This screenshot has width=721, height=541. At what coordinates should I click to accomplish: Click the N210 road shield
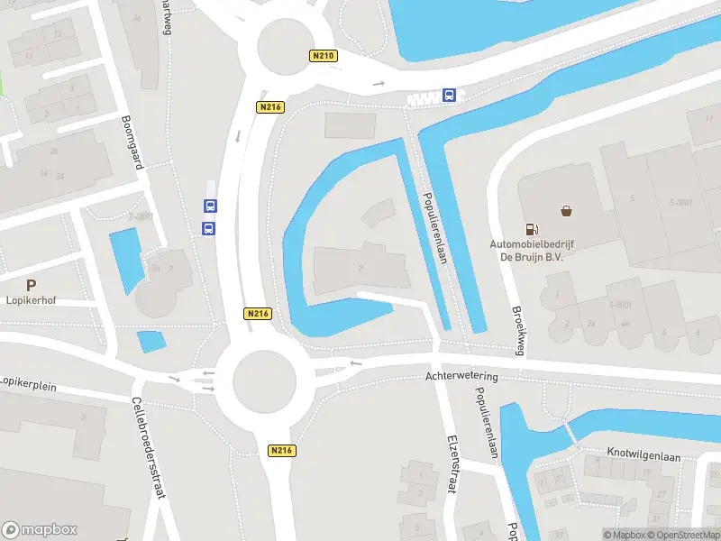(x=324, y=56)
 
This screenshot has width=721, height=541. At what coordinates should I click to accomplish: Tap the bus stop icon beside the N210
(x=449, y=95)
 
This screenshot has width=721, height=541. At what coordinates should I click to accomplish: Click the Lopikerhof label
(x=32, y=300)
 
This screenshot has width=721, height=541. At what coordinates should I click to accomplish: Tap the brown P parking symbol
(x=32, y=284)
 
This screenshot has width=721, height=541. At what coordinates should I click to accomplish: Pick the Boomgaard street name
(x=132, y=143)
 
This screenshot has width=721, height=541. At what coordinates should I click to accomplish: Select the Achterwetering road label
(x=462, y=377)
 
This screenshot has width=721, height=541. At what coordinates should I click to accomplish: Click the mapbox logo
(x=40, y=529)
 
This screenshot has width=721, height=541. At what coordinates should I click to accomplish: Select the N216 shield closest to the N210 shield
(x=269, y=107)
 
